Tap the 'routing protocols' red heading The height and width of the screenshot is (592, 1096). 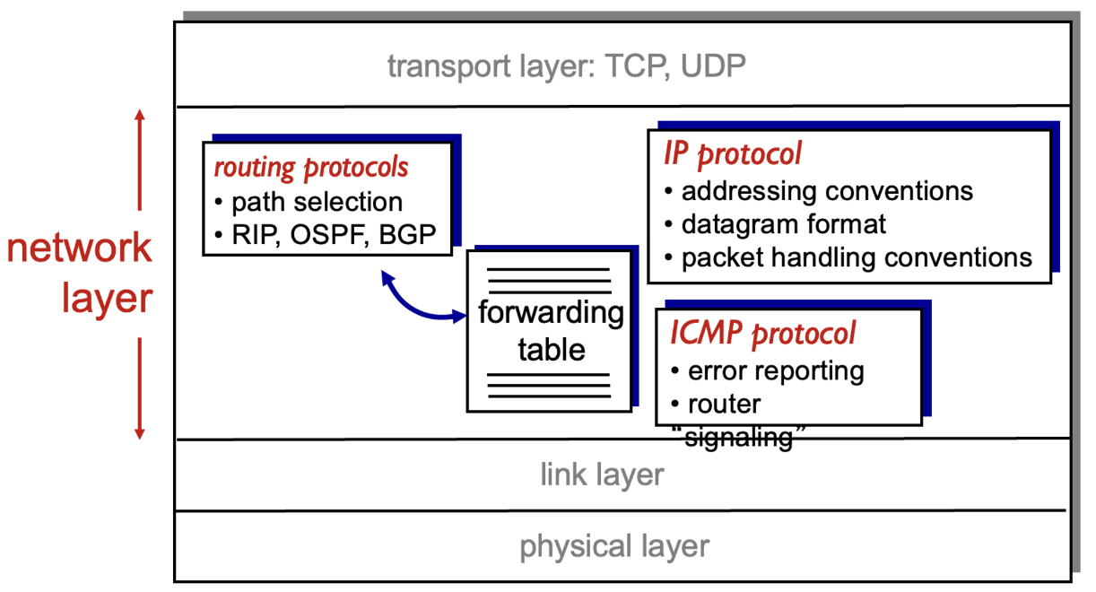pos(311,167)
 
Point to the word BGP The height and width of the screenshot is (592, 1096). pos(407,235)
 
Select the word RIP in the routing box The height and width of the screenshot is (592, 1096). pos(256,235)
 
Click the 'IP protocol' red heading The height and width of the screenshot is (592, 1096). pos(732,154)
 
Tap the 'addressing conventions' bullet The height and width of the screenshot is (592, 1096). pos(827,191)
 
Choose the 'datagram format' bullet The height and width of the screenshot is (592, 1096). pos(784,224)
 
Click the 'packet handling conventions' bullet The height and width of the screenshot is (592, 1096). pos(857,258)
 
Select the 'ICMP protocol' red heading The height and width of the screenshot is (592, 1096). pos(762,334)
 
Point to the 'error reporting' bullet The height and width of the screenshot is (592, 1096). pos(775,370)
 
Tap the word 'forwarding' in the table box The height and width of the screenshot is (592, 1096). pos(551,314)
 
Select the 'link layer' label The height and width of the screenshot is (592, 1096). pos(602,474)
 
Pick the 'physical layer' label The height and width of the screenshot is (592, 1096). pos(614,545)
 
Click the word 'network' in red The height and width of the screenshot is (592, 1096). pos(80,248)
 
